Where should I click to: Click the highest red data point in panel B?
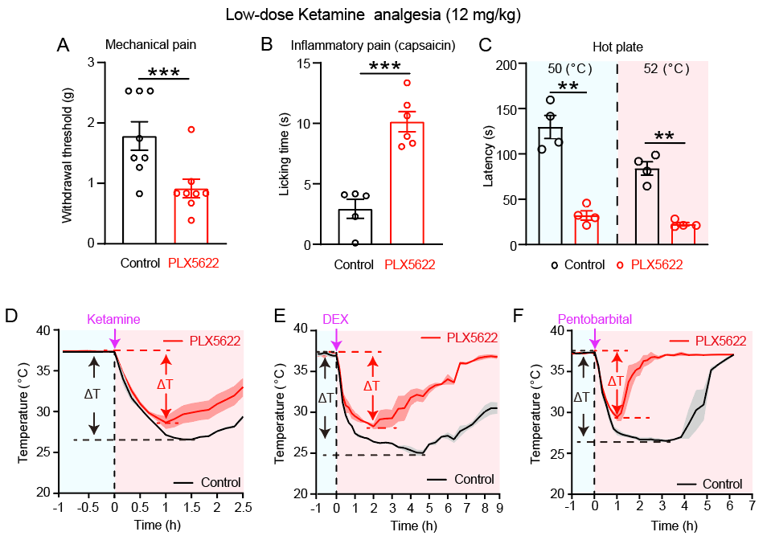(407, 83)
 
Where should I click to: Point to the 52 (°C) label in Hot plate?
(666, 69)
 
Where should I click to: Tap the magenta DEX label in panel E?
(336, 319)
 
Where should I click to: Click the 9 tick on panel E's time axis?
(499, 508)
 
